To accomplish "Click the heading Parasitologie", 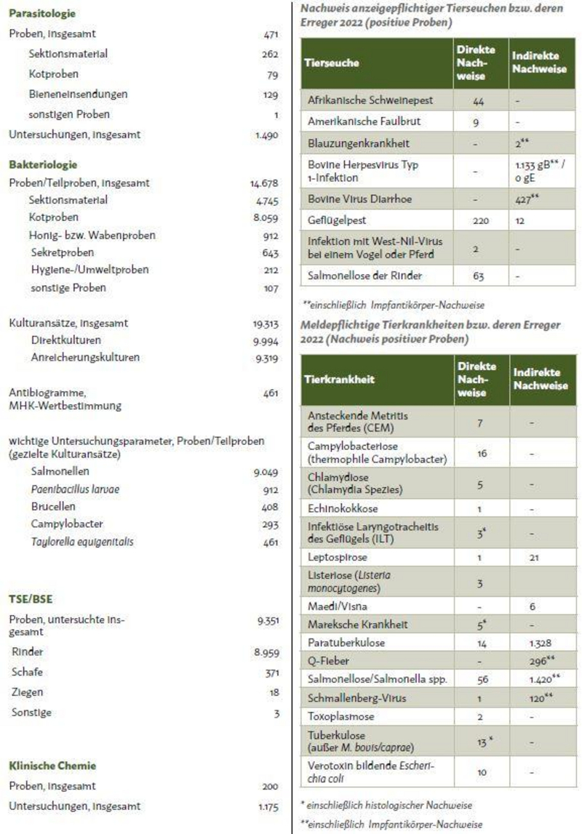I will point(42,13).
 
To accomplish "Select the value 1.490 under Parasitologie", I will point(266,135).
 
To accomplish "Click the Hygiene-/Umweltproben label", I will point(90,270).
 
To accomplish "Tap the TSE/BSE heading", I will point(31,600).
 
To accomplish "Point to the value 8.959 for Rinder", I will point(266,653).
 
